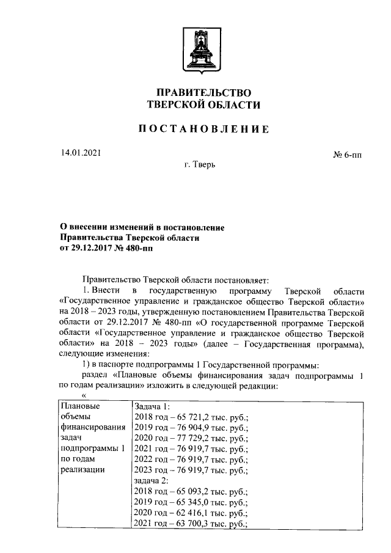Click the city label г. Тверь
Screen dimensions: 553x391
(x=199, y=165)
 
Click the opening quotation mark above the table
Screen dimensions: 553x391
(x=76, y=395)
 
